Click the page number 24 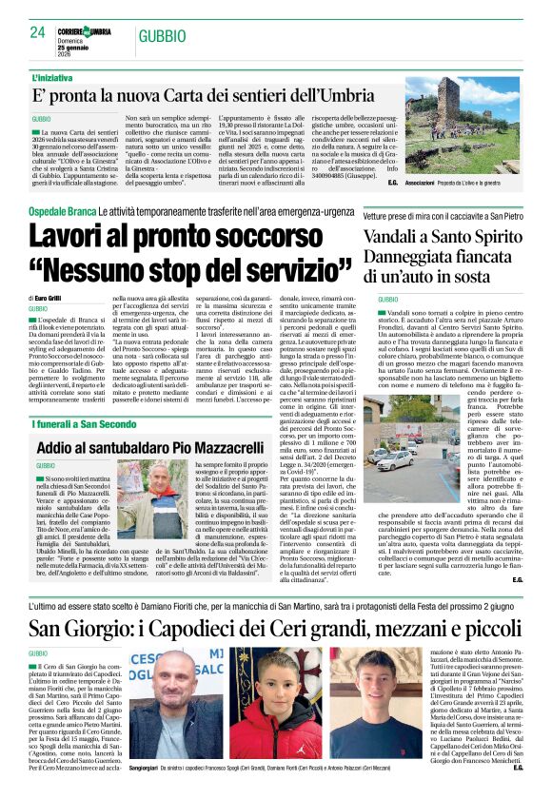(x=37, y=32)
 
